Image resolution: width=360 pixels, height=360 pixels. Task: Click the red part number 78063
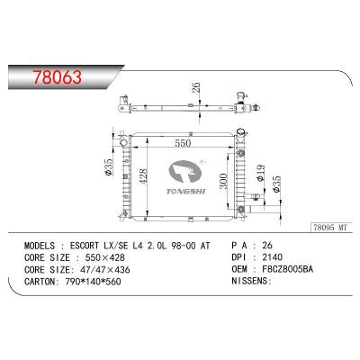[57, 77]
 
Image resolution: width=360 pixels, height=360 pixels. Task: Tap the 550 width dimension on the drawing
[183, 143]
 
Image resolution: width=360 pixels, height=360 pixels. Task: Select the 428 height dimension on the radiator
[144, 176]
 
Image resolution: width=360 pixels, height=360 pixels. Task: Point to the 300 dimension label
[223, 181]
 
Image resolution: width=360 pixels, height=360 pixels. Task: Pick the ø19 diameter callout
[260, 173]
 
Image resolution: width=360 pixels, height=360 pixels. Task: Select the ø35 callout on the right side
[276, 184]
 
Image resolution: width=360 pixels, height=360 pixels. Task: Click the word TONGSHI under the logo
[186, 192]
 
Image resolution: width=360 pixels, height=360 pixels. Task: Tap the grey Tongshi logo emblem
[184, 173]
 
